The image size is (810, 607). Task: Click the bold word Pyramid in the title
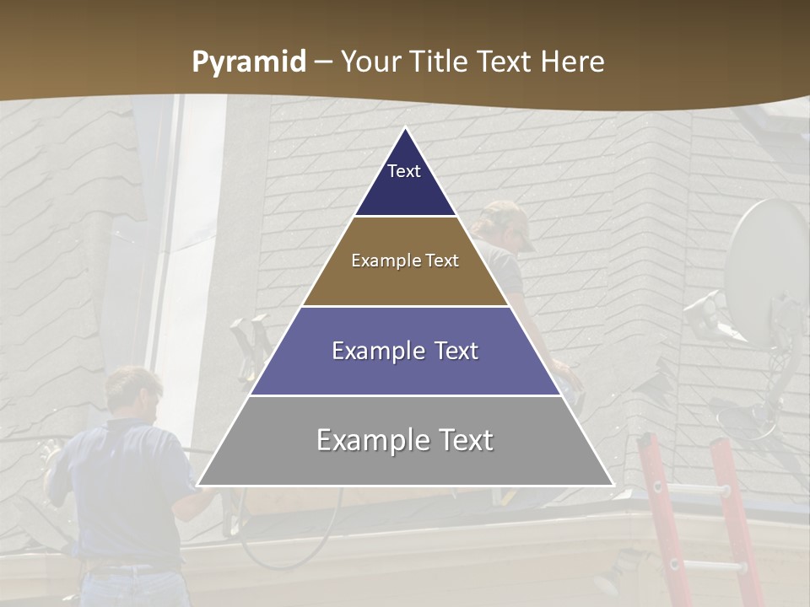[x=248, y=62]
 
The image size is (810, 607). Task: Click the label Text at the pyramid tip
[x=403, y=171]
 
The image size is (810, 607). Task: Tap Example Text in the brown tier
[x=405, y=261]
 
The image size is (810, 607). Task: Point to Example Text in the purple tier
[x=405, y=351]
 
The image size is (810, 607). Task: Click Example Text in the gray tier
[x=405, y=440]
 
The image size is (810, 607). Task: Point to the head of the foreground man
[x=133, y=389]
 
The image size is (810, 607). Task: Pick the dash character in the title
[x=323, y=62]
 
